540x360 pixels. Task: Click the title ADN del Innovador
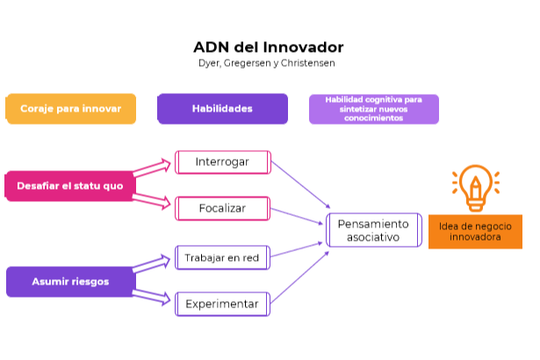[268, 47]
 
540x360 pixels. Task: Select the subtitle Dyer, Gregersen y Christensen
[268, 63]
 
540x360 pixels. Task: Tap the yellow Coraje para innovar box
[70, 109]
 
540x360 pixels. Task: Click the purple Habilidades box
[222, 109]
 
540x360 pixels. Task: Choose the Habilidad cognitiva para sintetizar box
[373, 109]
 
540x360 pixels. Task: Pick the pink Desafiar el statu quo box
[69, 186]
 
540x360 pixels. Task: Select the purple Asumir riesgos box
[69, 282]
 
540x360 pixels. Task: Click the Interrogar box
[222, 162]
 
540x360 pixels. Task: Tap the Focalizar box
[222, 209]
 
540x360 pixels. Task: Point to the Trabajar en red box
[222, 257]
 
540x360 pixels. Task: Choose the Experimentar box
[222, 305]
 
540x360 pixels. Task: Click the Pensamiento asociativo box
[373, 231]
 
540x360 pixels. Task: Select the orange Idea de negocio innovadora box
[474, 231]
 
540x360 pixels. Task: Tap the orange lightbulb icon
[475, 187]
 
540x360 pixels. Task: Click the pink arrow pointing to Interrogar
[153, 168]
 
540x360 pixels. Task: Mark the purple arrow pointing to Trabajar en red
[153, 264]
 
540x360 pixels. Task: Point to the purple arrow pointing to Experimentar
[153, 297]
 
